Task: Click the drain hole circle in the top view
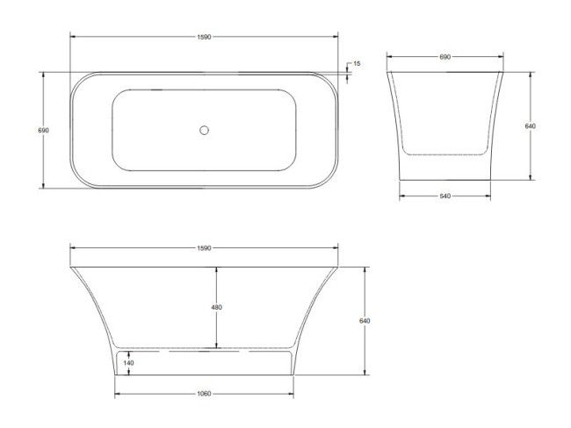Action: tap(204, 130)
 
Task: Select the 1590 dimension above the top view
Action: tap(204, 37)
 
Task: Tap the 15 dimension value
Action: tap(358, 64)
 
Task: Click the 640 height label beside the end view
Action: tap(530, 125)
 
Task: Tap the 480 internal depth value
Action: tap(217, 308)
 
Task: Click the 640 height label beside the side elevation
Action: tap(365, 320)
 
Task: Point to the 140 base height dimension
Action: tap(129, 362)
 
